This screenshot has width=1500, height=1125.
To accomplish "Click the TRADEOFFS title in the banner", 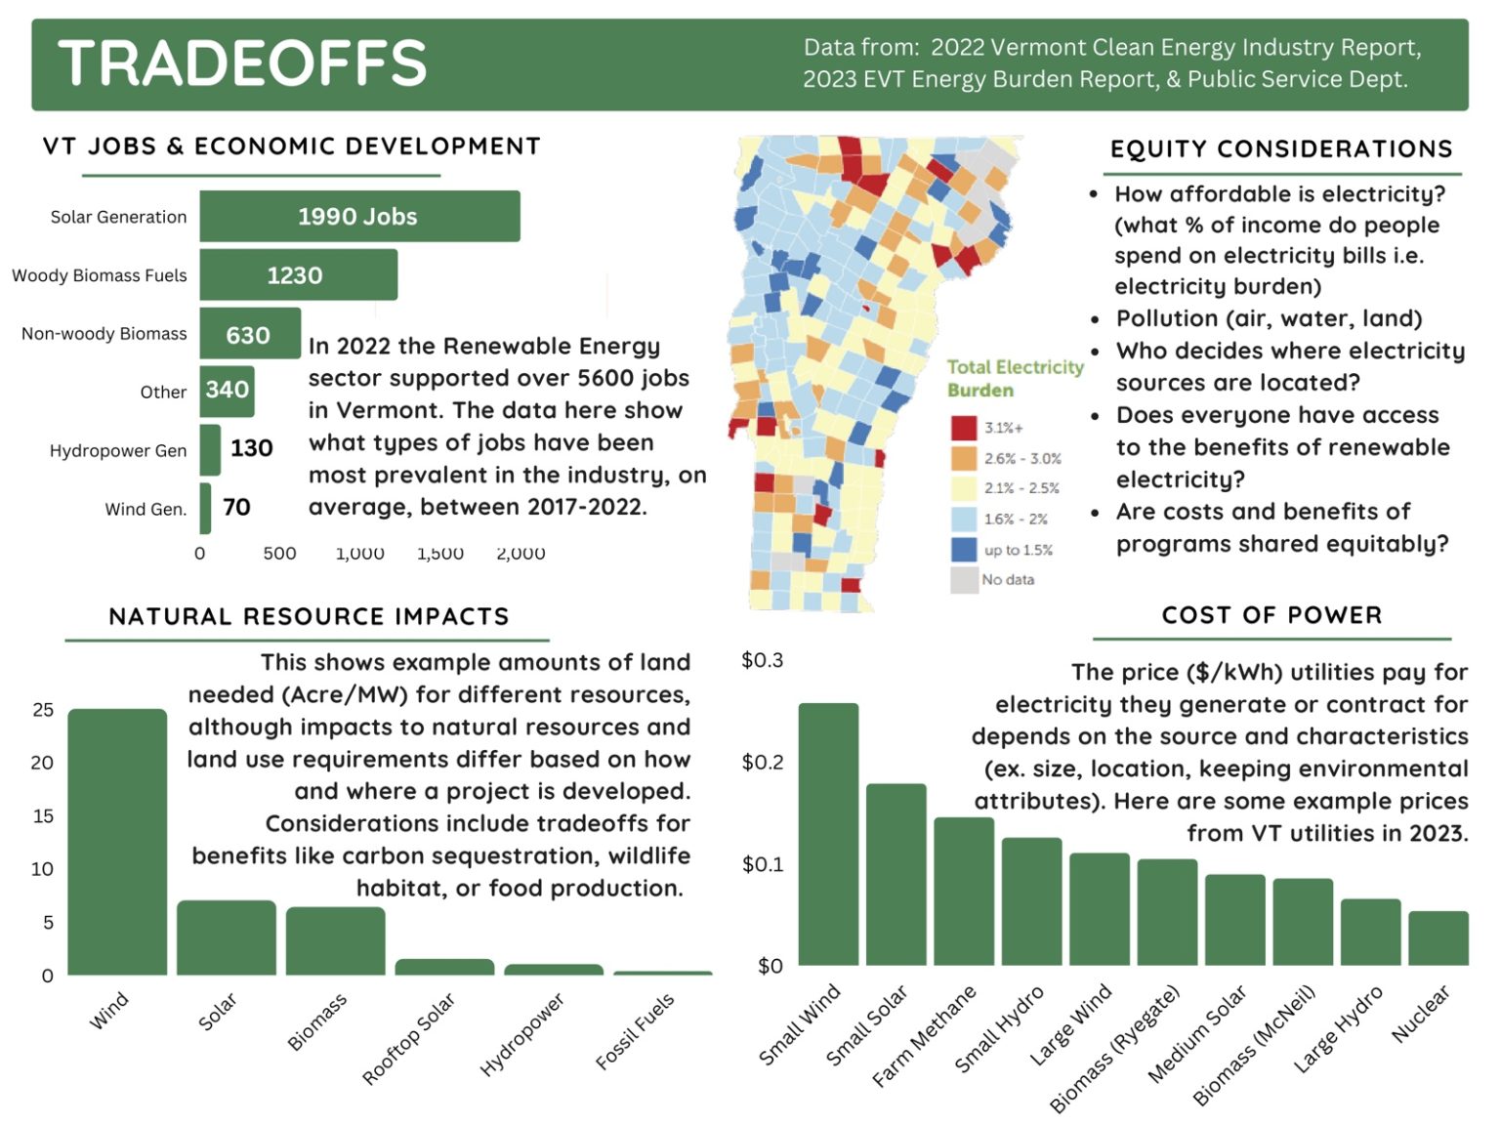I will tap(242, 63).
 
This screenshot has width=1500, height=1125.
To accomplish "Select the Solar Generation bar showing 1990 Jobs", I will tap(359, 216).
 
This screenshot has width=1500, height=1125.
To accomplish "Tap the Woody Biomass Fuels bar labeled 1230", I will tap(298, 275).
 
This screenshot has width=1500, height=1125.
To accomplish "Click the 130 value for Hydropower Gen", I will tap(251, 448).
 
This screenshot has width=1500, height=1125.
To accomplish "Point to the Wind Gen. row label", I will tap(146, 509).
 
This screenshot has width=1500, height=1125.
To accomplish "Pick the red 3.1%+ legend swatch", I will tap(964, 428).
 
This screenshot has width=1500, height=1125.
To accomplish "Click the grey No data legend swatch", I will tap(964, 580).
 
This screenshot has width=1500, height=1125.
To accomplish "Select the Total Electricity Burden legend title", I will tap(1015, 378).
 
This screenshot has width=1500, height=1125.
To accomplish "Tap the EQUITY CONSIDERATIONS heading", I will tap(1281, 149).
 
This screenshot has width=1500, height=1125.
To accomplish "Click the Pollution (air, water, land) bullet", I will tap(1269, 318).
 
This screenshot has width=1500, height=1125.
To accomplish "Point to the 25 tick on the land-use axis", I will tap(43, 710).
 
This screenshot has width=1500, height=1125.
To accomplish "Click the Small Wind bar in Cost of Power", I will tap(828, 834).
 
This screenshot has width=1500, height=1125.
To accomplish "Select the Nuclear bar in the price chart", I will tap(1437, 938).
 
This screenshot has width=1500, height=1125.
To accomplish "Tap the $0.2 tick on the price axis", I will tap(763, 762).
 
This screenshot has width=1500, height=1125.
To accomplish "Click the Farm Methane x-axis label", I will tap(924, 1036).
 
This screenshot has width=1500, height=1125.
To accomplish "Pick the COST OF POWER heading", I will tap(1271, 615).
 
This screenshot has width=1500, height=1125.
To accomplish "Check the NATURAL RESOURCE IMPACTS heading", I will tap(309, 616).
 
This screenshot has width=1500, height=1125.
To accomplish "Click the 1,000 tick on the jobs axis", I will tap(359, 554).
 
